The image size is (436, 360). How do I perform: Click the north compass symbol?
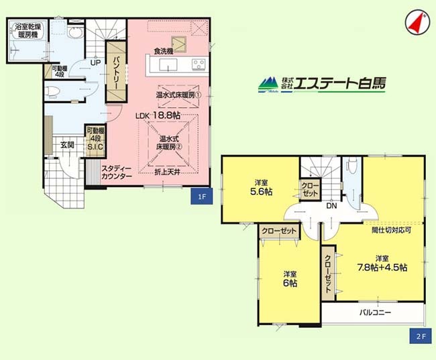pyautogui.click(x=417, y=23)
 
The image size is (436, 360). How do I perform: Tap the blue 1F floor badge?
pyautogui.click(x=202, y=196)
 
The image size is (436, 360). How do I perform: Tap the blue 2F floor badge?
pyautogui.click(x=421, y=336)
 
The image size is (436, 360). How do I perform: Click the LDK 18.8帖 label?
pyautogui.click(x=158, y=116)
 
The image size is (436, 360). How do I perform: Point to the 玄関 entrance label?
pyautogui.click(x=67, y=145)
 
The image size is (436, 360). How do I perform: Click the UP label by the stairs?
pyautogui.click(x=95, y=63)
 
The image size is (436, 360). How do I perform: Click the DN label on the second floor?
pyautogui.click(x=331, y=206)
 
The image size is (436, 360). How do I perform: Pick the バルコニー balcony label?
pyautogui.click(x=375, y=312)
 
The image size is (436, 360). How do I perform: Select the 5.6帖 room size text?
pyautogui.click(x=261, y=192)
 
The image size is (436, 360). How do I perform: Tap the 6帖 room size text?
pyautogui.click(x=290, y=283)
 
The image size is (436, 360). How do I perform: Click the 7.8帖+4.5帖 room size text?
pyautogui.click(x=382, y=267)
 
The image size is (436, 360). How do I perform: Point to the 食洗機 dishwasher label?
pyautogui.click(x=164, y=51)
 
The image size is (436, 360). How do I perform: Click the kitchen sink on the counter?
pyautogui.click(x=168, y=65)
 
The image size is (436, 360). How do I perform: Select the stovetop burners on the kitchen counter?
pyautogui.click(x=199, y=64)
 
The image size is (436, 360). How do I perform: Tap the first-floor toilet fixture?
pyautogui.click(x=52, y=91)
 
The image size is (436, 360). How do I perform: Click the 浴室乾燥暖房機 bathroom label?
pyautogui.click(x=28, y=31)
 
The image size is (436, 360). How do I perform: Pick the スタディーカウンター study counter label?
pyautogui.click(x=116, y=172)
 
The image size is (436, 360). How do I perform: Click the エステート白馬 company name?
pyautogui.click(x=339, y=83)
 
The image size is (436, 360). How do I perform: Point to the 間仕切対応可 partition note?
pyautogui.click(x=391, y=230)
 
